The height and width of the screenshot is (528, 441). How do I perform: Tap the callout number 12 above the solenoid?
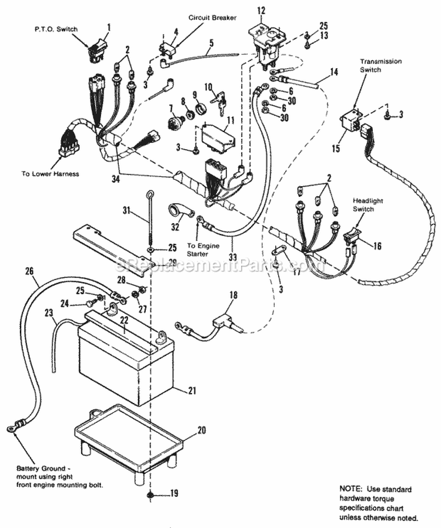[x=262, y=10]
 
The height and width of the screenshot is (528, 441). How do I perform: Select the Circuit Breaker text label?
[x=212, y=18]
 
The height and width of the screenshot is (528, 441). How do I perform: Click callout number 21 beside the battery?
[x=192, y=389]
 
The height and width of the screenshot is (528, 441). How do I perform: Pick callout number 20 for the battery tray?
[x=201, y=430]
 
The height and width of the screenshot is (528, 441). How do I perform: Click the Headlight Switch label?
[x=367, y=205]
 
